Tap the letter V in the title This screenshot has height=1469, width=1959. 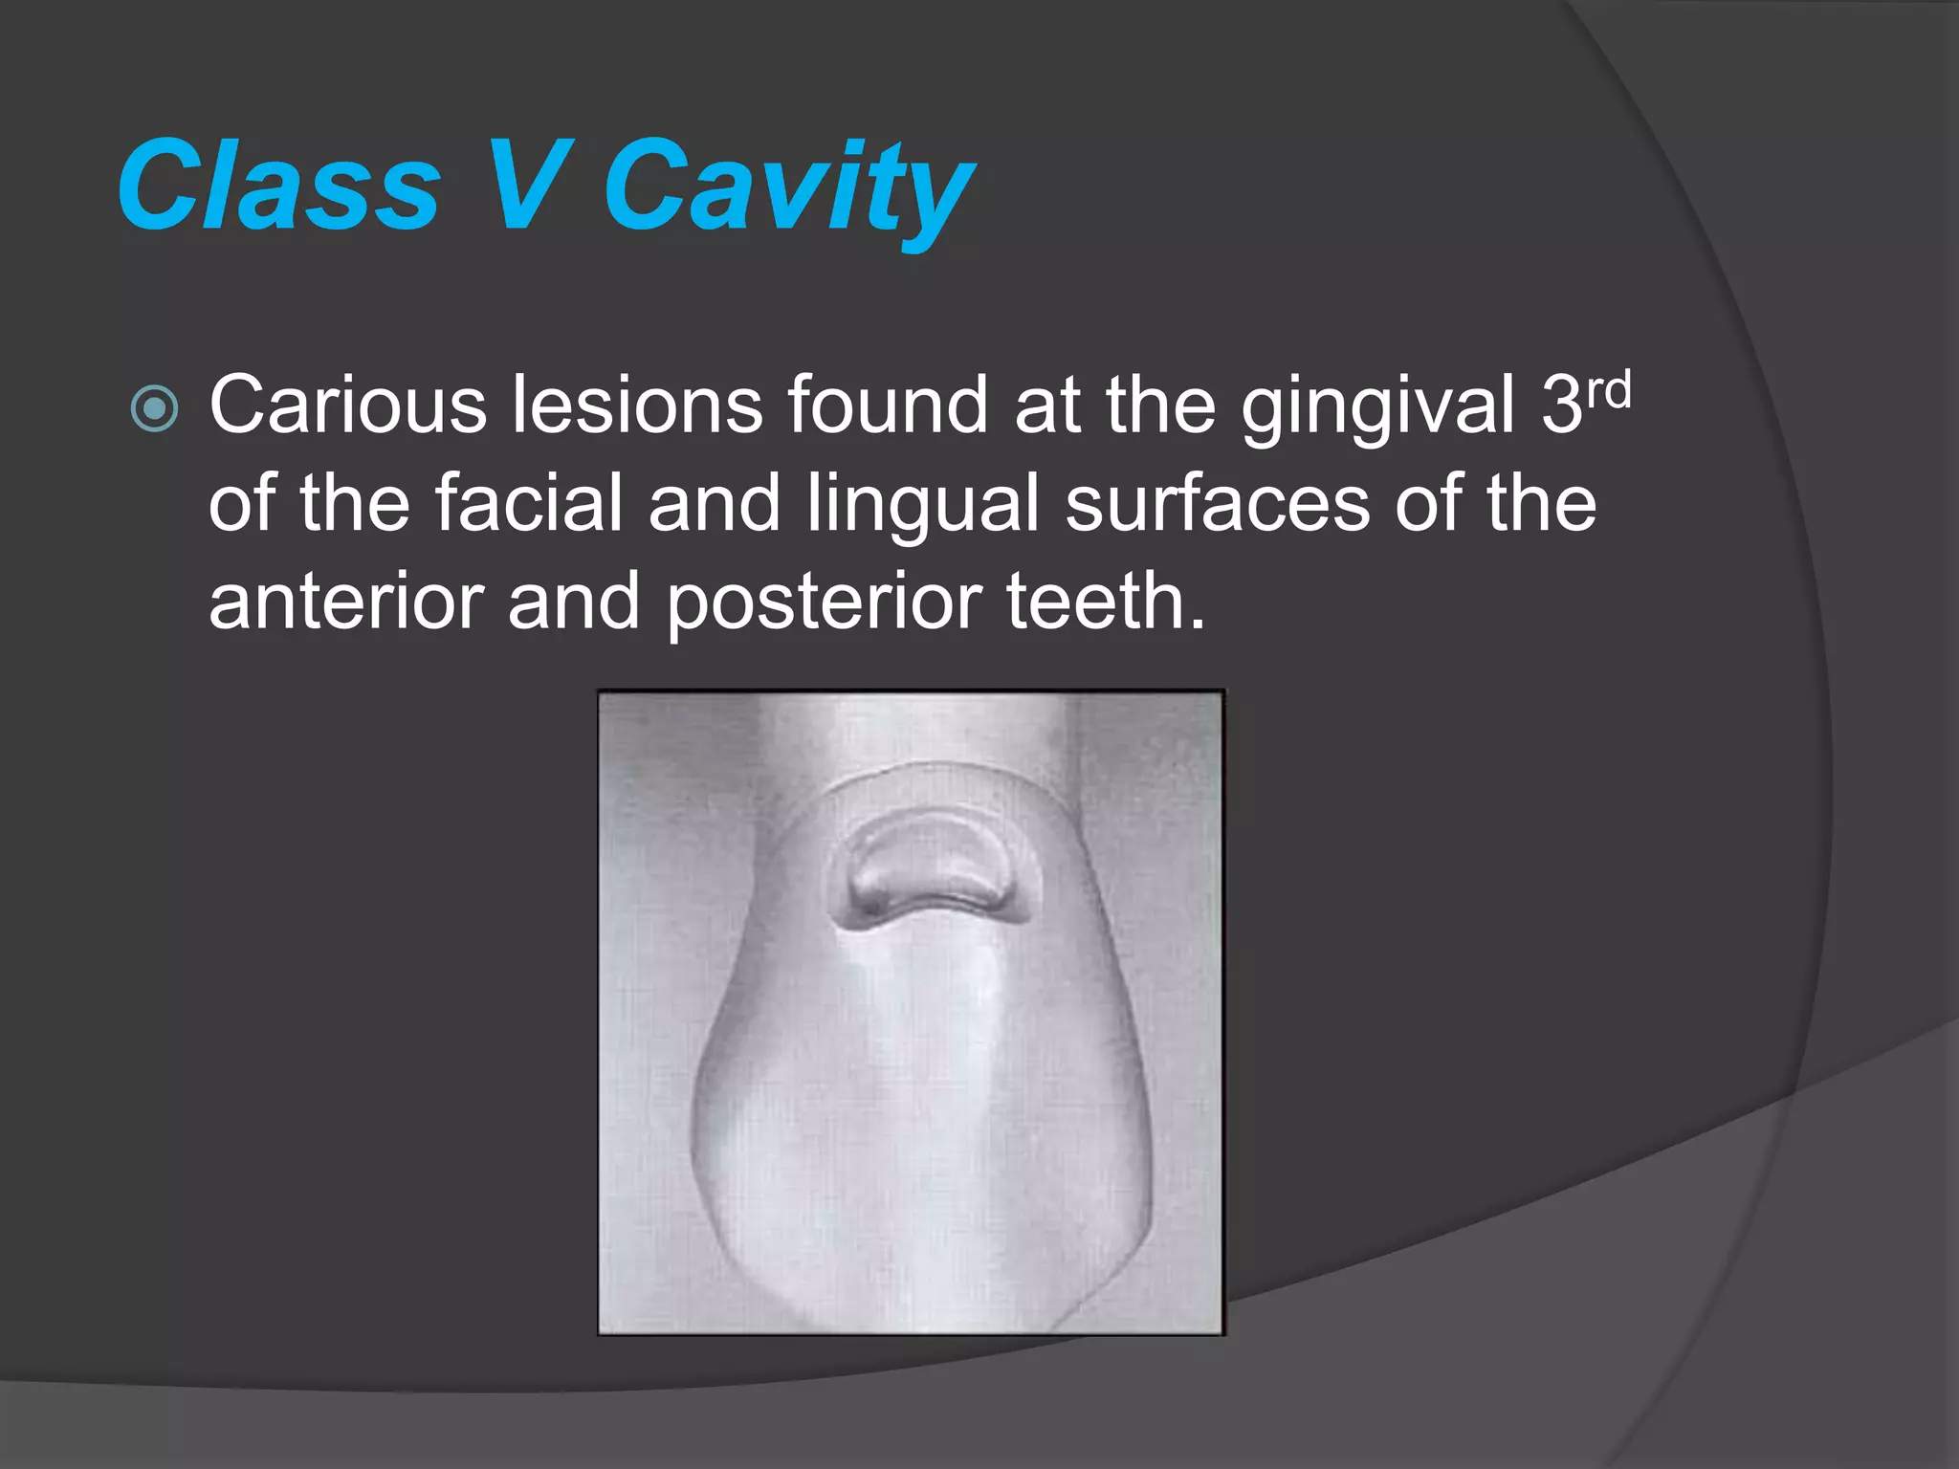(x=524, y=186)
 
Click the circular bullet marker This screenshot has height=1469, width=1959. (x=154, y=409)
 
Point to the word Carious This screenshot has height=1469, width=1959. (x=347, y=406)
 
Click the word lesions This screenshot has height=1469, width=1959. (x=636, y=406)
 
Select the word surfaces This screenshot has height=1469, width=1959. (x=1216, y=504)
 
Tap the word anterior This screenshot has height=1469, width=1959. (x=345, y=602)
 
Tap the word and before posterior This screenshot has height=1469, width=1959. (x=573, y=602)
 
